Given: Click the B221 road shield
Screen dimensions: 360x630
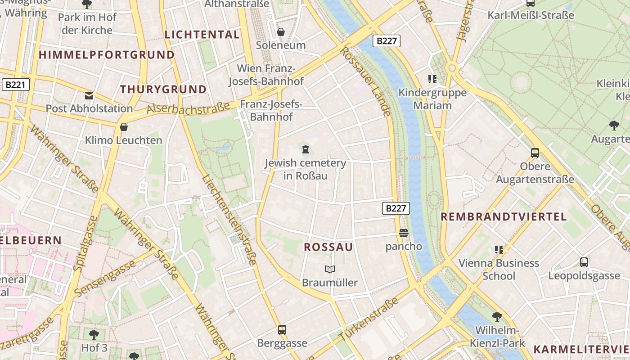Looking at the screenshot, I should coord(16,85).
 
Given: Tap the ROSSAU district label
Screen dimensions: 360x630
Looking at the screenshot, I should coord(328,247).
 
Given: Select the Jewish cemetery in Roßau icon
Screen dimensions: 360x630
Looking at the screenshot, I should coord(306,149).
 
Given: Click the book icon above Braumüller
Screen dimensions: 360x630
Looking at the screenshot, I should coord(330,269).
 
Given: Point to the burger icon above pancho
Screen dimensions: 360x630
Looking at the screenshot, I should coord(403,233).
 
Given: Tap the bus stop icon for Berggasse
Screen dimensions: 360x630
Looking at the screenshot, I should coord(282,329).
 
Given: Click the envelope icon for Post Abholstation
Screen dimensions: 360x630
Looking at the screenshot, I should coord(89,95).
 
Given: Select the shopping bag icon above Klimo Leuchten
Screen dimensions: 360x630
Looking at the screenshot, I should coord(124,127).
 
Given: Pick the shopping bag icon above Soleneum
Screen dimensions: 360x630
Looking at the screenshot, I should coord(281,32).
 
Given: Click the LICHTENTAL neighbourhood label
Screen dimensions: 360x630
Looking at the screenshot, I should coord(202,35).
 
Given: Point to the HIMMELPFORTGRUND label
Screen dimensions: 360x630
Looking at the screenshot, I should coord(107,55).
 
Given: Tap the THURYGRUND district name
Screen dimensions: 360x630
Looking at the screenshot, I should coord(163,89).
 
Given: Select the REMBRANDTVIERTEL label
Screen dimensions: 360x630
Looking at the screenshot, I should coord(504,216).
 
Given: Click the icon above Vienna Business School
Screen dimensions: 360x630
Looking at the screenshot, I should coord(499,249).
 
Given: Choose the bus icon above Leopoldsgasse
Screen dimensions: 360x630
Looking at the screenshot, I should coord(584,262).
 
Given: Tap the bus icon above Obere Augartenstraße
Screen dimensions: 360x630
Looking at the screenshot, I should coord(535,153).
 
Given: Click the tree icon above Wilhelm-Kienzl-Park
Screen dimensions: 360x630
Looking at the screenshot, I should coord(497,317).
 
